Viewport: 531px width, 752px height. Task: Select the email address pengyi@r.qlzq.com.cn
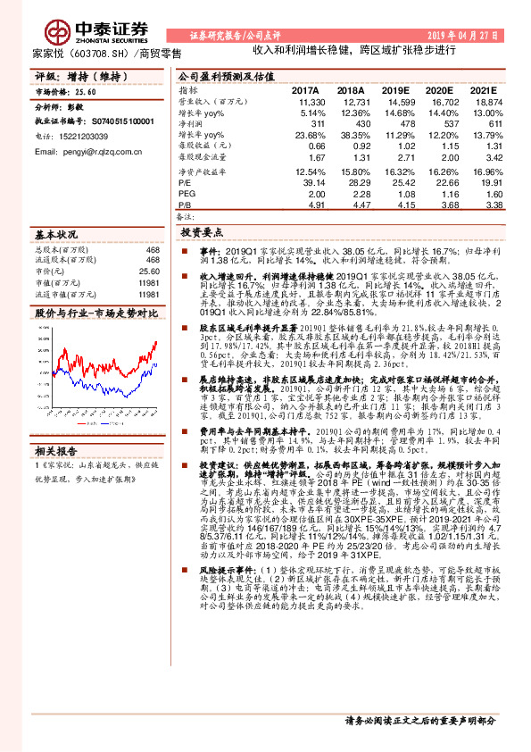pos(83,153)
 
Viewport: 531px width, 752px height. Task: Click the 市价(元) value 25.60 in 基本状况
pos(147,272)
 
